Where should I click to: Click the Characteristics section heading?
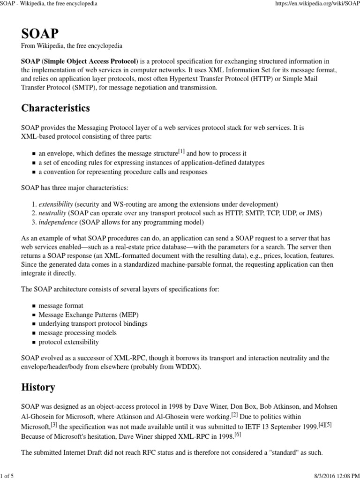tap(55, 108)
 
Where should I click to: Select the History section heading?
tap(38, 387)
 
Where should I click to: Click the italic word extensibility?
tap(55, 204)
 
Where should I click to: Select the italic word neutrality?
tap(52, 213)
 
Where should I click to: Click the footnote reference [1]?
tap(181, 152)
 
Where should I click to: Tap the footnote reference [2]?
tap(235, 414)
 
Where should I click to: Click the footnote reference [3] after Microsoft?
tap(54, 424)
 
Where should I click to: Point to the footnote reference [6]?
tap(238, 434)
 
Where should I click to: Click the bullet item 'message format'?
tap(60, 306)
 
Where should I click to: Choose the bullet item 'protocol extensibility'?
tap(68, 342)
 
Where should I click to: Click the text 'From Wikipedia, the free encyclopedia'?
tap(72, 46)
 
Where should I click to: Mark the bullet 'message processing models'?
tap(77, 333)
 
